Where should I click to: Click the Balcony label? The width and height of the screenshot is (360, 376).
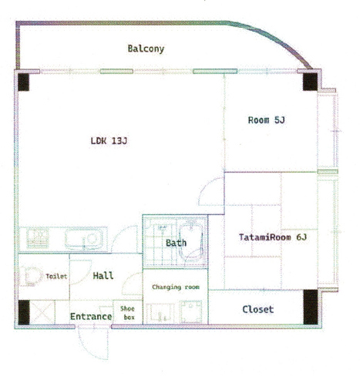[x=146, y=49]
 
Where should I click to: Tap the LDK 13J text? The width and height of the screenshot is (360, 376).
[x=109, y=141]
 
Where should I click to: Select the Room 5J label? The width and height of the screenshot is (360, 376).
[x=267, y=120]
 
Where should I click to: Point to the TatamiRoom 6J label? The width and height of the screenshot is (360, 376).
[x=273, y=237]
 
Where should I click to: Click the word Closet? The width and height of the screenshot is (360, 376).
[x=258, y=309]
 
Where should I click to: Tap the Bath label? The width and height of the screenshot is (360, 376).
[x=176, y=243]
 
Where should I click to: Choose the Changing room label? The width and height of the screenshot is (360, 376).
[x=176, y=287]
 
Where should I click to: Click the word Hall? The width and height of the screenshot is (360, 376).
[x=103, y=276]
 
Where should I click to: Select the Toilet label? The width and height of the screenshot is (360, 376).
[x=56, y=276]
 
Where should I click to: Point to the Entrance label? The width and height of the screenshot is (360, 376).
[x=91, y=317]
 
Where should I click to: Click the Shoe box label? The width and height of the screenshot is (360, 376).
[x=127, y=313]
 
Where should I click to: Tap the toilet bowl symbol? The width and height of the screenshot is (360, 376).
[x=32, y=277]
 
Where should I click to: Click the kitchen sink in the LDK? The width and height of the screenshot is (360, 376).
[x=84, y=240]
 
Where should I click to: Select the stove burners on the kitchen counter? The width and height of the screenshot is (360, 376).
[x=38, y=238]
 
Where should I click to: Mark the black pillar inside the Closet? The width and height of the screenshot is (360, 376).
[x=311, y=307]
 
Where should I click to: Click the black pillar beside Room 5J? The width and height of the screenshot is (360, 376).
[x=310, y=82]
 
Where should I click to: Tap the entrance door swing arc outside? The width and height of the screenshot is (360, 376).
[x=93, y=344]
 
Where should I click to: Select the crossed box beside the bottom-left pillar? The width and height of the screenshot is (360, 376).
[x=42, y=312]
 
